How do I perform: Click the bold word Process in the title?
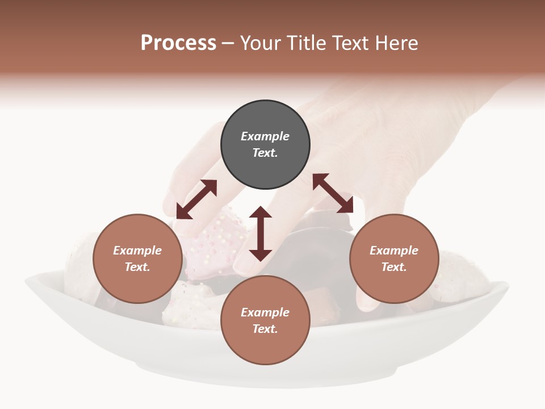click(x=178, y=43)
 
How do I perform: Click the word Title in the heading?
click(x=305, y=43)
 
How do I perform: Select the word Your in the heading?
click(x=261, y=43)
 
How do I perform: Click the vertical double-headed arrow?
click(x=261, y=233)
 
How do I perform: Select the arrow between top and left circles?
click(x=196, y=199)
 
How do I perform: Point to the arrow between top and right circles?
click(x=333, y=193)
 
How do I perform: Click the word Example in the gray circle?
click(x=265, y=136)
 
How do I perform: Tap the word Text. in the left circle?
click(x=137, y=268)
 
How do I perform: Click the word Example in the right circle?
click(x=394, y=251)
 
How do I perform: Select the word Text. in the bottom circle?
click(x=265, y=329)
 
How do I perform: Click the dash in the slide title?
click(x=228, y=44)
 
